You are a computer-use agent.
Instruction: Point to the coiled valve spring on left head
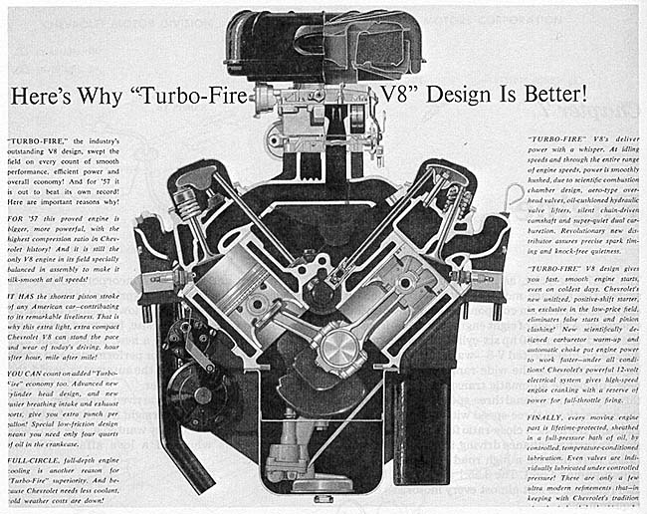(188, 205)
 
